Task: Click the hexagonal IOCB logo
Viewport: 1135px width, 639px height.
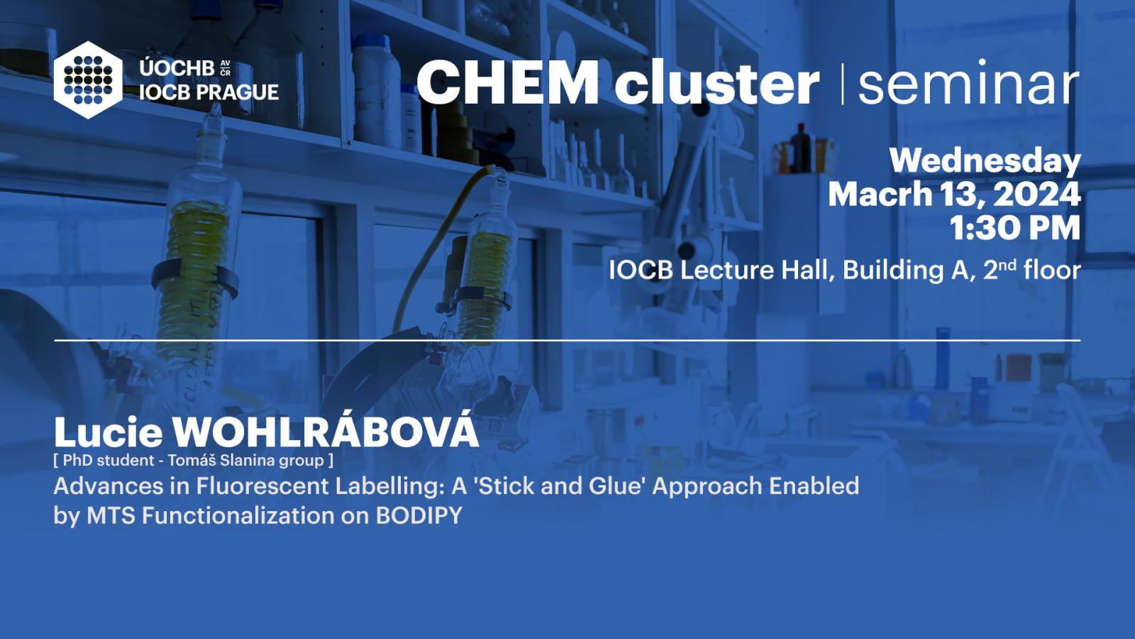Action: pyautogui.click(x=88, y=80)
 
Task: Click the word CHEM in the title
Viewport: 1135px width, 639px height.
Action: pyautogui.click(x=507, y=82)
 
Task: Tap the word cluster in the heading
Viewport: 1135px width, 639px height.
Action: pyautogui.click(x=716, y=82)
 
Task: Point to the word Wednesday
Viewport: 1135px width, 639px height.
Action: pyautogui.click(x=985, y=162)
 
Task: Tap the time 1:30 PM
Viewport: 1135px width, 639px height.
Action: pyautogui.click(x=1015, y=228)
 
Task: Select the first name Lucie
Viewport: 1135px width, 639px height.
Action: pyautogui.click(x=108, y=432)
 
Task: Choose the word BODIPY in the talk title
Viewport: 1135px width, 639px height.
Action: pyautogui.click(x=419, y=515)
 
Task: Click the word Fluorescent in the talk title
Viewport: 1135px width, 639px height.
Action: pyautogui.click(x=262, y=486)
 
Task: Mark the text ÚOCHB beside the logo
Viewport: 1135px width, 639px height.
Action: pyautogui.click(x=177, y=68)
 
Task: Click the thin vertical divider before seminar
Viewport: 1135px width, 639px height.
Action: pyautogui.click(x=842, y=84)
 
